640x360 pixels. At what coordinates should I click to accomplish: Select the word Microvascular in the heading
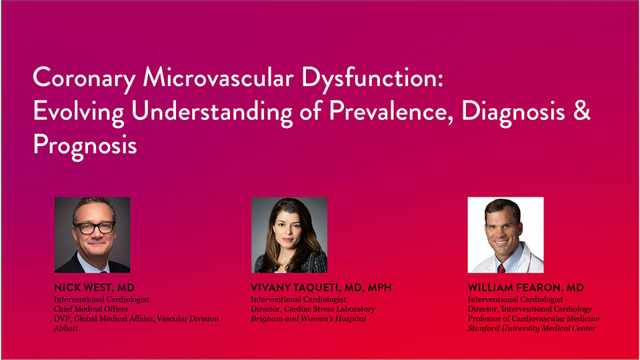point(218,77)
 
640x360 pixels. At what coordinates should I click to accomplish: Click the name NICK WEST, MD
point(94,287)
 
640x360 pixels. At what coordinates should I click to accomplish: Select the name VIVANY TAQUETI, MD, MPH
point(321,287)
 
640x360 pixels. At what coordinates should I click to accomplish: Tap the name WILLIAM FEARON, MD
point(526,287)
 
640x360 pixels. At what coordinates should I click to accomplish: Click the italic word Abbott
point(66,328)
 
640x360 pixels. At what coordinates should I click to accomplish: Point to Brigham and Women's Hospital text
point(309,319)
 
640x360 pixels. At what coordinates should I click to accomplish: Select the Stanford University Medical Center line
point(532,328)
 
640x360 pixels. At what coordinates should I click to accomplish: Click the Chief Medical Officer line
point(91,309)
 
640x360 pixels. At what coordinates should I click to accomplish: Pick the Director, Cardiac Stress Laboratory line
point(313,309)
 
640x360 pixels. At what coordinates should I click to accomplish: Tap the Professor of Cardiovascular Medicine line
point(533,319)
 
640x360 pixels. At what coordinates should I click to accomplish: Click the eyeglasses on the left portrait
point(95,227)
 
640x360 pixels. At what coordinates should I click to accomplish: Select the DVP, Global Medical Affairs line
point(136,319)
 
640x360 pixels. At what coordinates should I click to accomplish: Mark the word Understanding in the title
point(211,112)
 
